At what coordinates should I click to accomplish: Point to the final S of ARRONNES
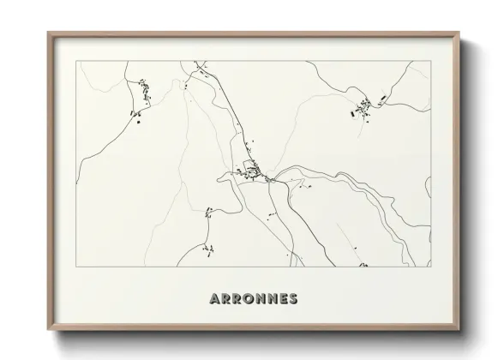[x=293, y=299]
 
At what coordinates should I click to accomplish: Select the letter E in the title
[x=282, y=299]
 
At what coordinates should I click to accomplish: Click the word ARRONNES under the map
[x=253, y=299]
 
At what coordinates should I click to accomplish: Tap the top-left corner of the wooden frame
[x=48, y=33]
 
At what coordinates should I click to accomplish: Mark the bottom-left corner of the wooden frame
[x=48, y=330]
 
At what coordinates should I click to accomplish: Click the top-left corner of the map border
[x=76, y=61]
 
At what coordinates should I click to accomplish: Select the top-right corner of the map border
[x=430, y=61]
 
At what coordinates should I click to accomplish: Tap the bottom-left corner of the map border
[x=76, y=267]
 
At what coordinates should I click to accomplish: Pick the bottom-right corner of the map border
[x=430, y=267]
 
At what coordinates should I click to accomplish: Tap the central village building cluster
[x=253, y=174]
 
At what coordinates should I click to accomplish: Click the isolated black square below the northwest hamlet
[x=136, y=122]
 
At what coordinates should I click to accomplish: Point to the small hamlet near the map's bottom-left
[x=207, y=249]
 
